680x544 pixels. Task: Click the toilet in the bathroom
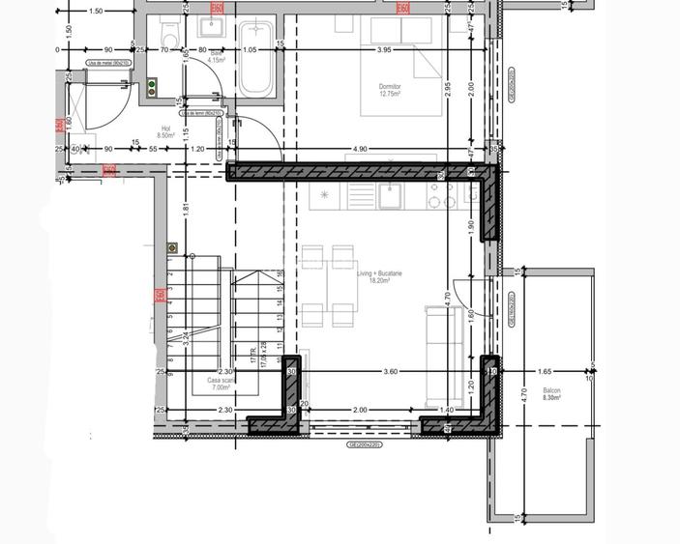click(169, 34)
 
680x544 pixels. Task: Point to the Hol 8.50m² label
click(165, 131)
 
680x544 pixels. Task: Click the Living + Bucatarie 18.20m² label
click(379, 277)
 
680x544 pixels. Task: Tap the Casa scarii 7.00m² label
click(221, 385)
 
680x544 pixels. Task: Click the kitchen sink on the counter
click(391, 196)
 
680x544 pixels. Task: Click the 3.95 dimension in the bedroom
click(384, 49)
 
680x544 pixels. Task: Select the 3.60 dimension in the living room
click(391, 370)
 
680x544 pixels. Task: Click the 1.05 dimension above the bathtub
click(250, 49)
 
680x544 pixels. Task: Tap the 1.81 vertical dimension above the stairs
click(185, 208)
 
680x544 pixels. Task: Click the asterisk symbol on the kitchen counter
click(324, 196)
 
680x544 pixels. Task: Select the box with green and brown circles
click(153, 88)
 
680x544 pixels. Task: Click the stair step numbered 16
click(280, 273)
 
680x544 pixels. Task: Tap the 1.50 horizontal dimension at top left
click(95, 12)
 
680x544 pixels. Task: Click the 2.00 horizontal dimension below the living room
click(360, 410)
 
